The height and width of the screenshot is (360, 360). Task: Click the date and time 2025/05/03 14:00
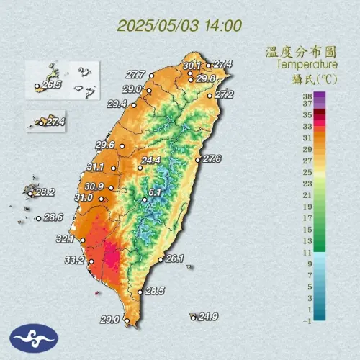[x=179, y=26]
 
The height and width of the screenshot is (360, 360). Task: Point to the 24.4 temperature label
[x=150, y=161]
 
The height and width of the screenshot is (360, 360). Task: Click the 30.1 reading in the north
[x=192, y=66]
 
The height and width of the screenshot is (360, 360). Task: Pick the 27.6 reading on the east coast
[x=212, y=158]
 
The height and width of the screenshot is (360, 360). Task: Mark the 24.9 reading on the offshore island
[x=208, y=316]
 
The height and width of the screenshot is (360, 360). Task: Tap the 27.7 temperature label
[x=135, y=74]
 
